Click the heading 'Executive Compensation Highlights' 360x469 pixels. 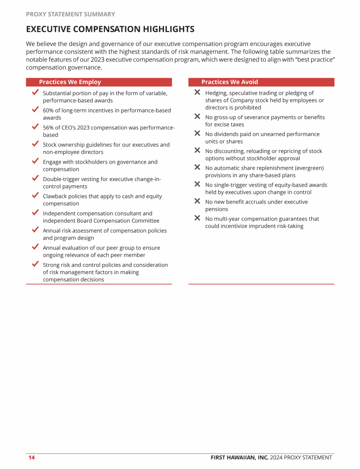(x=110, y=30)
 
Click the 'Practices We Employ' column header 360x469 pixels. (x=70, y=82)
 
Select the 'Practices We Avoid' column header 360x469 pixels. (x=230, y=82)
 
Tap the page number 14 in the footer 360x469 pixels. (x=31, y=458)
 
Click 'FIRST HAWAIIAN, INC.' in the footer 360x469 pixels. (x=239, y=458)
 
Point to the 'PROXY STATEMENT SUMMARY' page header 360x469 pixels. (x=70, y=15)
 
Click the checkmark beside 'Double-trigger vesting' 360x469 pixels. (x=35, y=178)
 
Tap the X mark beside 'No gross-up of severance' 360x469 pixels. (x=197, y=116)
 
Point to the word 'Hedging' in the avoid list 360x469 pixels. (x=217, y=93)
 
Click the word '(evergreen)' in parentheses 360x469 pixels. (x=308, y=168)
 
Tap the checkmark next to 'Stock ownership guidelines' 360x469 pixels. (x=35, y=144)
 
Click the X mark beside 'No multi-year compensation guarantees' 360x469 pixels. (x=197, y=218)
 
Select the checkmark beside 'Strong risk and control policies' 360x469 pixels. (x=35, y=264)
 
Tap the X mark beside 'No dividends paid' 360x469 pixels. (x=197, y=134)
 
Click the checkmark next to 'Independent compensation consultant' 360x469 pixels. (x=35, y=212)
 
